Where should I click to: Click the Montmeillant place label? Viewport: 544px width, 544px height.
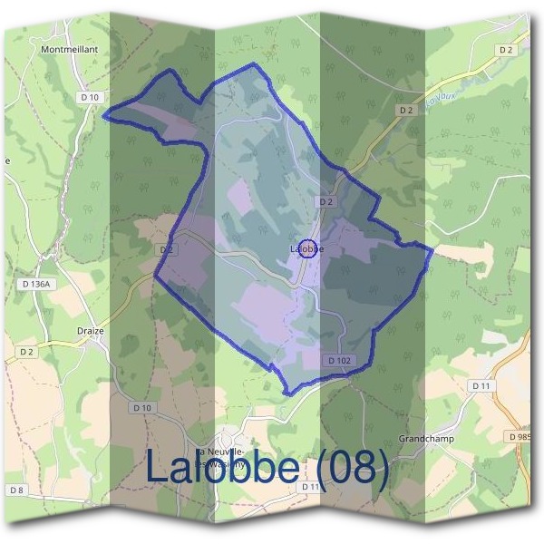pyautogui.click(x=69, y=51)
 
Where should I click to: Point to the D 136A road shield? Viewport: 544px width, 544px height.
pyautogui.click(x=37, y=284)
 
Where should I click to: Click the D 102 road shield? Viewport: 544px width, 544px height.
pyautogui.click(x=339, y=360)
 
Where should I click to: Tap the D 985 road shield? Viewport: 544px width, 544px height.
pyautogui.click(x=520, y=436)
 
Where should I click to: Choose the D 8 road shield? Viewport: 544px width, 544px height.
pyautogui.click(x=16, y=490)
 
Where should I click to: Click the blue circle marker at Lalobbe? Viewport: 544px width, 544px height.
pyautogui.click(x=307, y=248)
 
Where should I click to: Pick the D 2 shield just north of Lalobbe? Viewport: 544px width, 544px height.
pyautogui.click(x=326, y=201)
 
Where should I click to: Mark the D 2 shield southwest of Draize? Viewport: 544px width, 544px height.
pyautogui.click(x=25, y=351)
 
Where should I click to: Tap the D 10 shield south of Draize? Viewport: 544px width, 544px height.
pyautogui.click(x=142, y=408)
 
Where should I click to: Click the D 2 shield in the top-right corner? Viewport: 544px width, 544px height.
pyautogui.click(x=505, y=50)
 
